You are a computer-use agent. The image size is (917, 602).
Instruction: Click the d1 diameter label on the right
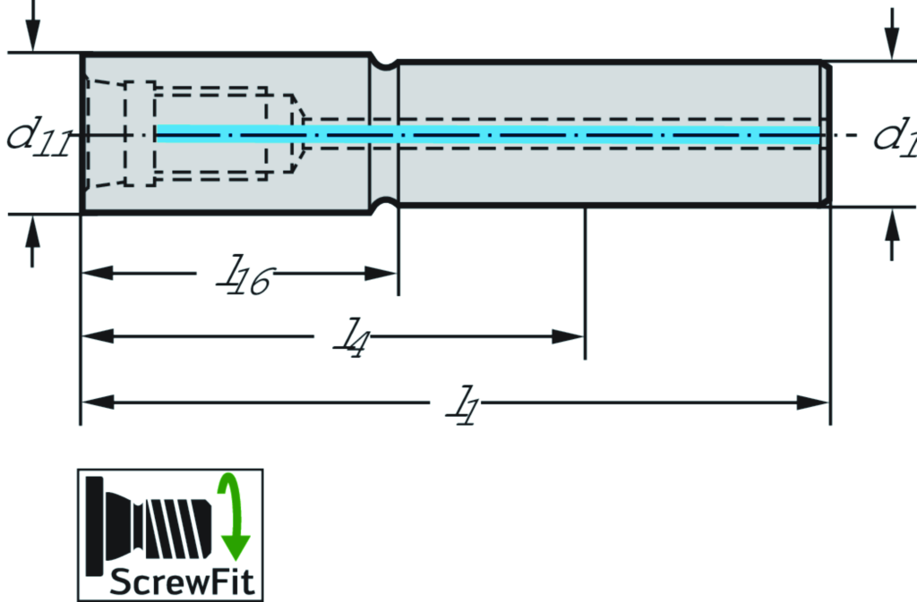[895, 136]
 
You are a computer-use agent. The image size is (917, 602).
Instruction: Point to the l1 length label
[462, 405]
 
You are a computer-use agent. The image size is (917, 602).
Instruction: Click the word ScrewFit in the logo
[183, 582]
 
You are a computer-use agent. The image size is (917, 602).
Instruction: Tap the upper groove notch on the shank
[384, 64]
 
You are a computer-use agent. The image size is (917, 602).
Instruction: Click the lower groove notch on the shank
[384, 203]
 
